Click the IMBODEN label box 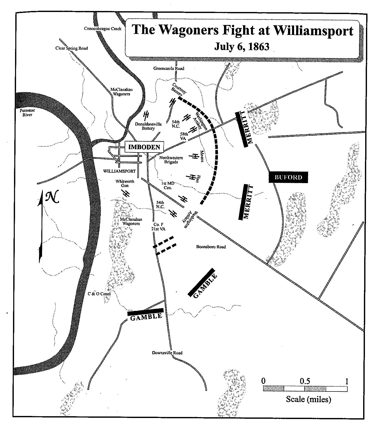144,147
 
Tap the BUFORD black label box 288,177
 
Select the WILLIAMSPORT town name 120,171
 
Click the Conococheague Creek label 103,29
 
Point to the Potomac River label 27,112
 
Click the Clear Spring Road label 71,48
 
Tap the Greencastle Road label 169,68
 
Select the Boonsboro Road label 211,247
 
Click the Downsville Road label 167,353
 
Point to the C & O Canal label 99,294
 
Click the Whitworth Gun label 125,183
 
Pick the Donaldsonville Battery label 148,126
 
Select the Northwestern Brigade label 171,160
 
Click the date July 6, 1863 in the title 242,47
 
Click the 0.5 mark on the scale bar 305,382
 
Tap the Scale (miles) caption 308,399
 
